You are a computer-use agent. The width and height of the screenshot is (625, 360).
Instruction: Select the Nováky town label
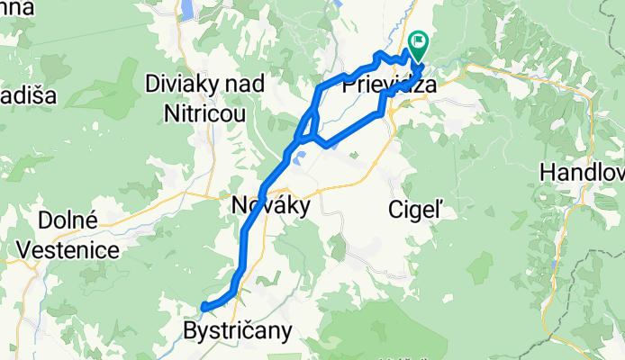click(x=270, y=205)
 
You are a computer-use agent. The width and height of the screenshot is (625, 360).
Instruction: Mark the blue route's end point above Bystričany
click(x=205, y=307)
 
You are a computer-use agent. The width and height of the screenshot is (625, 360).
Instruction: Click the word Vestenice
click(x=78, y=249)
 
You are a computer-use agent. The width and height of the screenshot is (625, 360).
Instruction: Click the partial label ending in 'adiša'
click(x=17, y=96)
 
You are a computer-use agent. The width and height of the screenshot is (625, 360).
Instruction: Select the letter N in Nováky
click(x=240, y=205)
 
